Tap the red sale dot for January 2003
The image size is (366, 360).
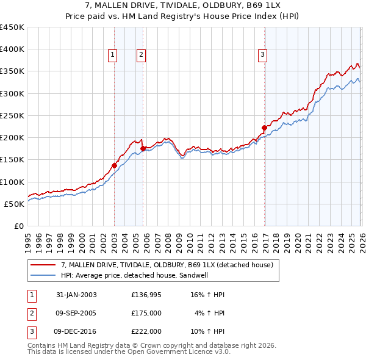point(114,165)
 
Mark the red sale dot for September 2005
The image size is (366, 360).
point(143,148)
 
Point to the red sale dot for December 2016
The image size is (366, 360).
point(264,128)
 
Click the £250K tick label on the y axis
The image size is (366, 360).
point(12,115)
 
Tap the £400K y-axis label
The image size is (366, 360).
point(12,49)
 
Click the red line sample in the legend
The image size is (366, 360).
point(43,265)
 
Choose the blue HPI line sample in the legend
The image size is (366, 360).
point(43,275)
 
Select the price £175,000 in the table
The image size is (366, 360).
point(146,313)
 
